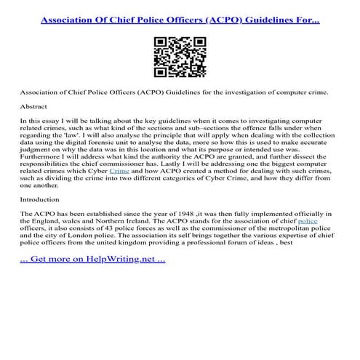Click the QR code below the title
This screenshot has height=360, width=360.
tap(180, 55)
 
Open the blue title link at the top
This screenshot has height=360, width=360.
tap(180, 15)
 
